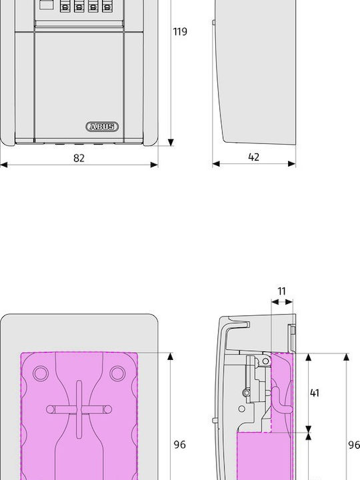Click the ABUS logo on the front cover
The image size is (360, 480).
pyautogui.click(x=102, y=127)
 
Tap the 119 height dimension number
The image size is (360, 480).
pyautogui.click(x=180, y=31)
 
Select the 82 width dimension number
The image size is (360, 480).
pyautogui.click(x=79, y=158)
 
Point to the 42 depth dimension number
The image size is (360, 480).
pyautogui.click(x=254, y=157)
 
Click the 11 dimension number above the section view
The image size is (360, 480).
pyautogui.click(x=281, y=291)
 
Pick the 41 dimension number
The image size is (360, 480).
pyautogui.click(x=315, y=393)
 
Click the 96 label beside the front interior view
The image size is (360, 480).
pyautogui.click(x=180, y=445)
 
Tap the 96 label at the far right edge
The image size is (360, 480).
pyautogui.click(x=354, y=445)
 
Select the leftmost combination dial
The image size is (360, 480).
pyautogui.click(x=65, y=6)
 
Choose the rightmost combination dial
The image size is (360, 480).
pyautogui.click(x=107, y=6)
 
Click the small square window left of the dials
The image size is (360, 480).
pyautogui.click(x=46, y=5)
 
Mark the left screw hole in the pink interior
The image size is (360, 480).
pyautogui.click(x=41, y=373)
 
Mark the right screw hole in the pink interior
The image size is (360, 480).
pyautogui.click(x=117, y=373)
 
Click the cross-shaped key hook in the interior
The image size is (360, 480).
pyautogui.click(x=79, y=409)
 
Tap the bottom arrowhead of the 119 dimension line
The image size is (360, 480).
pyautogui.click(x=171, y=143)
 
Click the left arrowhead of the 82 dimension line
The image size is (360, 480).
pyautogui.click(x=4, y=165)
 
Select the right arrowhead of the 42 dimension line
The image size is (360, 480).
pyautogui.click(x=292, y=164)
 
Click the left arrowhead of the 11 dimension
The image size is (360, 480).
pyautogui.click(x=275, y=302)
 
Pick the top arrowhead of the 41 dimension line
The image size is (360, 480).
pyautogui.click(x=309, y=357)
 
